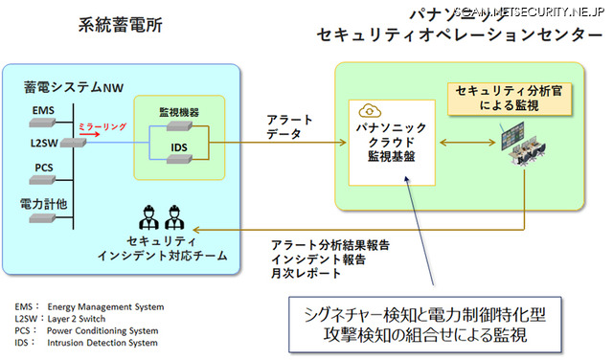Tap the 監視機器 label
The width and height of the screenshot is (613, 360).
click(x=178, y=112)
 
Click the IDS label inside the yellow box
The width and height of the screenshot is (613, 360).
click(x=178, y=146)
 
